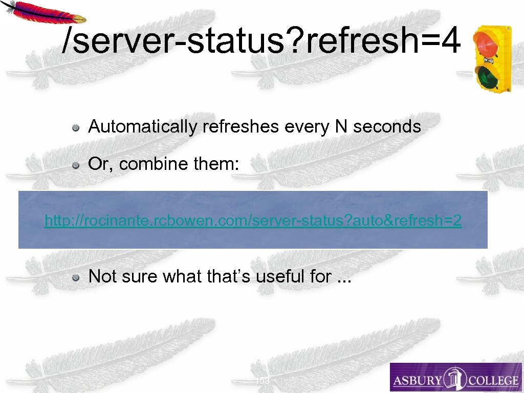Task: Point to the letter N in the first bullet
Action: click(x=341, y=126)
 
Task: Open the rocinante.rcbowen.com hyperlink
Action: click(x=253, y=221)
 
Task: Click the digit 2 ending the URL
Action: click(x=456, y=221)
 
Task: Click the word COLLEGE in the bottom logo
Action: click(x=490, y=380)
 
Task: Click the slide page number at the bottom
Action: click(x=262, y=381)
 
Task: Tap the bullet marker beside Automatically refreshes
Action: click(x=75, y=127)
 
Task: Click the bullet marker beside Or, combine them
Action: click(x=75, y=165)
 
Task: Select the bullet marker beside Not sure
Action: click(x=75, y=277)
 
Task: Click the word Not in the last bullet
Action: click(x=101, y=276)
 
